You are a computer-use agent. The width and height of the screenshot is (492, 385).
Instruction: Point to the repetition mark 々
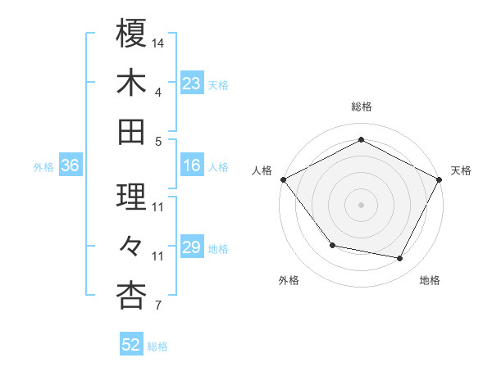click(x=132, y=245)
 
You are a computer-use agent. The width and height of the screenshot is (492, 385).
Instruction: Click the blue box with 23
click(x=192, y=83)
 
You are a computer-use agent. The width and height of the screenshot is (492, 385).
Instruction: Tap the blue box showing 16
click(x=192, y=166)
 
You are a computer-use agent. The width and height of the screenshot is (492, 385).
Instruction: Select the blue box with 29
click(x=192, y=248)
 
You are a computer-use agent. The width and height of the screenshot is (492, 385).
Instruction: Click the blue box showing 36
click(x=71, y=166)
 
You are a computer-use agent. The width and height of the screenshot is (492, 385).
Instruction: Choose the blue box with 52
click(x=131, y=346)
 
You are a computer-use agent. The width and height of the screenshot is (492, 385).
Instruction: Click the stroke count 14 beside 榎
click(x=158, y=42)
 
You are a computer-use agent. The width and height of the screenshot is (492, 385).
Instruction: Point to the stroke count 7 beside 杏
click(x=157, y=306)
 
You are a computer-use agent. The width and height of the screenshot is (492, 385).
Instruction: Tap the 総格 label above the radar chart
click(x=361, y=106)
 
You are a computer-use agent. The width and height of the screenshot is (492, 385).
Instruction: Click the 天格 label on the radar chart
click(x=461, y=170)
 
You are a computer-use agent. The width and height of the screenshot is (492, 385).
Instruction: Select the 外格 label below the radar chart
click(x=289, y=280)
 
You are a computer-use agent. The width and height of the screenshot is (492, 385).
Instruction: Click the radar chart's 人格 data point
click(x=283, y=179)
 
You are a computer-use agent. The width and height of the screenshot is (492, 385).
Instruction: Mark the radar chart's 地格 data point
click(x=400, y=259)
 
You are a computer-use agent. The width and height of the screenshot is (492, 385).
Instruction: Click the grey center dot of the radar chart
click(x=361, y=204)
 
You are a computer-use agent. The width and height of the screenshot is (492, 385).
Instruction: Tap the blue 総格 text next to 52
click(x=157, y=346)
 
